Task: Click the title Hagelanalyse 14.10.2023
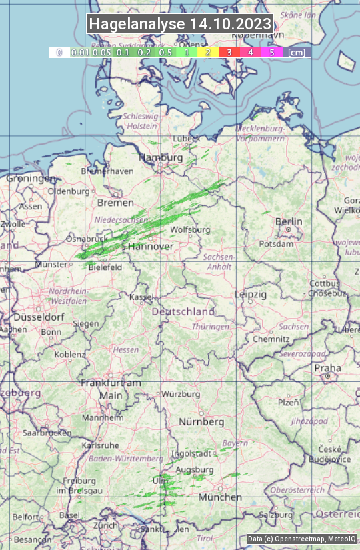click(x=180, y=24)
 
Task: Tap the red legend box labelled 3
click(x=229, y=52)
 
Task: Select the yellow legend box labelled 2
click(x=208, y=52)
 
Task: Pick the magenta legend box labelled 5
click(x=271, y=52)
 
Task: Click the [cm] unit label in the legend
click(x=297, y=52)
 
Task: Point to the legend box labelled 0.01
click(x=81, y=52)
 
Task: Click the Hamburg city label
click(x=160, y=158)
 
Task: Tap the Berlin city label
click(x=289, y=221)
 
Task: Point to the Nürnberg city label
click(x=201, y=422)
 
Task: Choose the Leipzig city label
click(x=251, y=294)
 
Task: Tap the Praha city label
click(x=327, y=368)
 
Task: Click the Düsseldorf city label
click(x=38, y=317)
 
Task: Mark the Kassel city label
click(x=141, y=297)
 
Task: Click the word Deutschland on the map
click(x=183, y=311)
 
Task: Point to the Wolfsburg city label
click(x=190, y=229)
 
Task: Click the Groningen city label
click(x=31, y=179)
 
